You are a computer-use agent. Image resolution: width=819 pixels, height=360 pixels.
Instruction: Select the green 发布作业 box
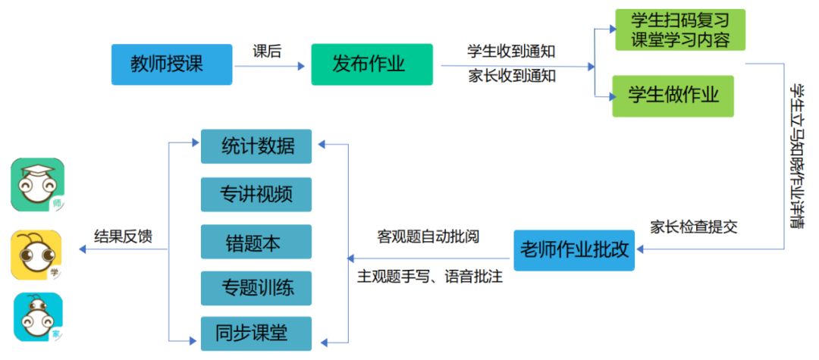(372, 64)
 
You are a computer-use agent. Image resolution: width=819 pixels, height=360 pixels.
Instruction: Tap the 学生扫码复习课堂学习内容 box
(679, 30)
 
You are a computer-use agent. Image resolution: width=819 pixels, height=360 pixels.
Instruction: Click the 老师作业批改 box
(574, 249)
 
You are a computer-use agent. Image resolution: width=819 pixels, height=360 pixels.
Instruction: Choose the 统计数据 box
(256, 146)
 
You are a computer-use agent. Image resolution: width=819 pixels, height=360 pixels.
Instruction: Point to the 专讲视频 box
(256, 194)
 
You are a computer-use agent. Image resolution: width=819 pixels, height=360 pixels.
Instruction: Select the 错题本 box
(256, 242)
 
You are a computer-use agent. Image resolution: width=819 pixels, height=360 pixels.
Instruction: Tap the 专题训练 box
(256, 288)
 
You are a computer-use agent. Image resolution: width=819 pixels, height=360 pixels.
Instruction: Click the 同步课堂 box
(256, 333)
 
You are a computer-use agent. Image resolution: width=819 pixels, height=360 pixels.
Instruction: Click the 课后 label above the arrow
(267, 52)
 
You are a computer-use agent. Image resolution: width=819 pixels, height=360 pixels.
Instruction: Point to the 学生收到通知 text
(511, 52)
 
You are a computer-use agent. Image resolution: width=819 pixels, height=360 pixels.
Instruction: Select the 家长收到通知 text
(511, 76)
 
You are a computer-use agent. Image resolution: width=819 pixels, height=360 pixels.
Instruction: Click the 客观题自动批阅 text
(428, 236)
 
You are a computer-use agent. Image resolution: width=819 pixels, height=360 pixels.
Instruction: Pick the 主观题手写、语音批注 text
(430, 277)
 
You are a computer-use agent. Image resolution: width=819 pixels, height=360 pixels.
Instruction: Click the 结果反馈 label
(122, 236)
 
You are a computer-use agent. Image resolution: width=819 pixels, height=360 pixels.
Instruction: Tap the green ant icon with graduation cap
(37, 184)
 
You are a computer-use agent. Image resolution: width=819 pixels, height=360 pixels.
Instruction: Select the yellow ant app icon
(37, 254)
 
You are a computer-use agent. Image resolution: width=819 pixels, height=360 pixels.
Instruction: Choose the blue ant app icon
(37, 317)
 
